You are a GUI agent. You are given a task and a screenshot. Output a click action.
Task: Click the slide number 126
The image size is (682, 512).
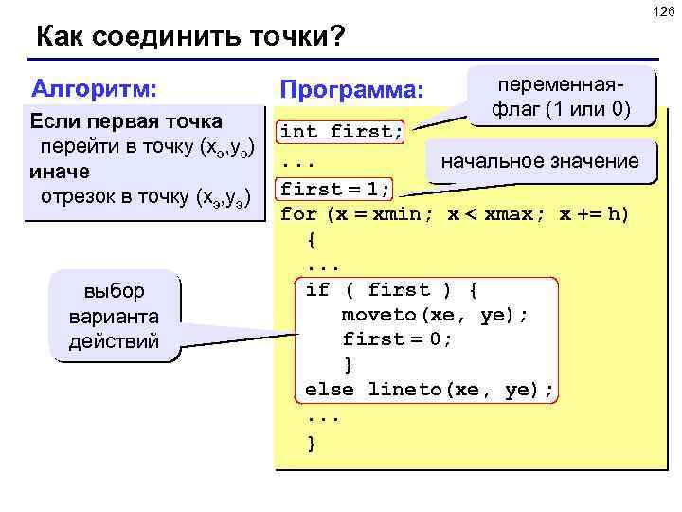pyautogui.click(x=664, y=10)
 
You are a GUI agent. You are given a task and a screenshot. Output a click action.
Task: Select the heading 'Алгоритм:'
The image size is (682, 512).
pyautogui.click(x=94, y=89)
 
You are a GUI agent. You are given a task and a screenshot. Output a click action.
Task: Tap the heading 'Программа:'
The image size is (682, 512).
pyautogui.click(x=351, y=92)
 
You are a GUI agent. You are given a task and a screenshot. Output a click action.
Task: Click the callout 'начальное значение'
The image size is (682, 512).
pyautogui.click(x=541, y=161)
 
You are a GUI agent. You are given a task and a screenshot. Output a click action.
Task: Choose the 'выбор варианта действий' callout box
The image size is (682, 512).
pyautogui.click(x=114, y=316)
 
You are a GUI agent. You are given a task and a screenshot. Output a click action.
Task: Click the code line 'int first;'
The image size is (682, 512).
pyautogui.click(x=342, y=131)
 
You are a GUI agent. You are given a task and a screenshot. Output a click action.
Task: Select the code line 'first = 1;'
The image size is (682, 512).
pyautogui.click(x=335, y=187)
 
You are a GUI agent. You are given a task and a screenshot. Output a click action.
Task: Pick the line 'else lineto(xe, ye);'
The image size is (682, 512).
pyautogui.click(x=429, y=390)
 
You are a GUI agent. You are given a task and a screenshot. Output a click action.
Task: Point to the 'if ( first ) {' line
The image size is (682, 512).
pyautogui.click(x=393, y=289)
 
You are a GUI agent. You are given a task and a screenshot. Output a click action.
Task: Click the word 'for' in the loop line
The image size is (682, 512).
pyautogui.click(x=300, y=213)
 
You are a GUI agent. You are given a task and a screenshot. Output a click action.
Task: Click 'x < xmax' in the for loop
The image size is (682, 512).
pyautogui.click(x=494, y=213)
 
